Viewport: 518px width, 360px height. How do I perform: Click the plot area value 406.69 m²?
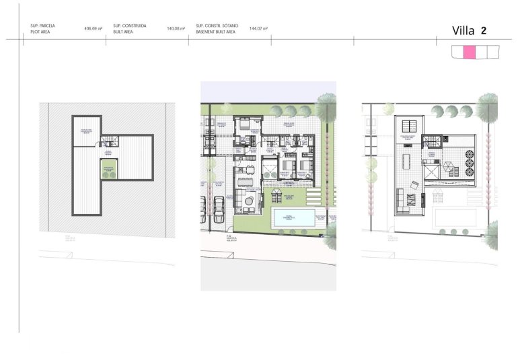(x=93, y=29)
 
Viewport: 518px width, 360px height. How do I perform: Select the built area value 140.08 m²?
(x=175, y=29)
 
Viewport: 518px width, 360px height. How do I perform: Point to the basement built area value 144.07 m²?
(x=258, y=29)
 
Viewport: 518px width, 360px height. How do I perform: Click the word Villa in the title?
(x=464, y=30)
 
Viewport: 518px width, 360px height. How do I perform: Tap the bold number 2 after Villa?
(x=484, y=30)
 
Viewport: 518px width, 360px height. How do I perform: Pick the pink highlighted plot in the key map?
(x=470, y=52)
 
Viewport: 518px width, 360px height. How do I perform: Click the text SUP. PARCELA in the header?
(x=43, y=26)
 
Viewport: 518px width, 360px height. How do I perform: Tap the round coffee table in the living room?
(x=250, y=200)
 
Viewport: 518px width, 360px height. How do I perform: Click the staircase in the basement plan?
(x=109, y=141)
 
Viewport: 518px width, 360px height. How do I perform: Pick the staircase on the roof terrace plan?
(x=431, y=141)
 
